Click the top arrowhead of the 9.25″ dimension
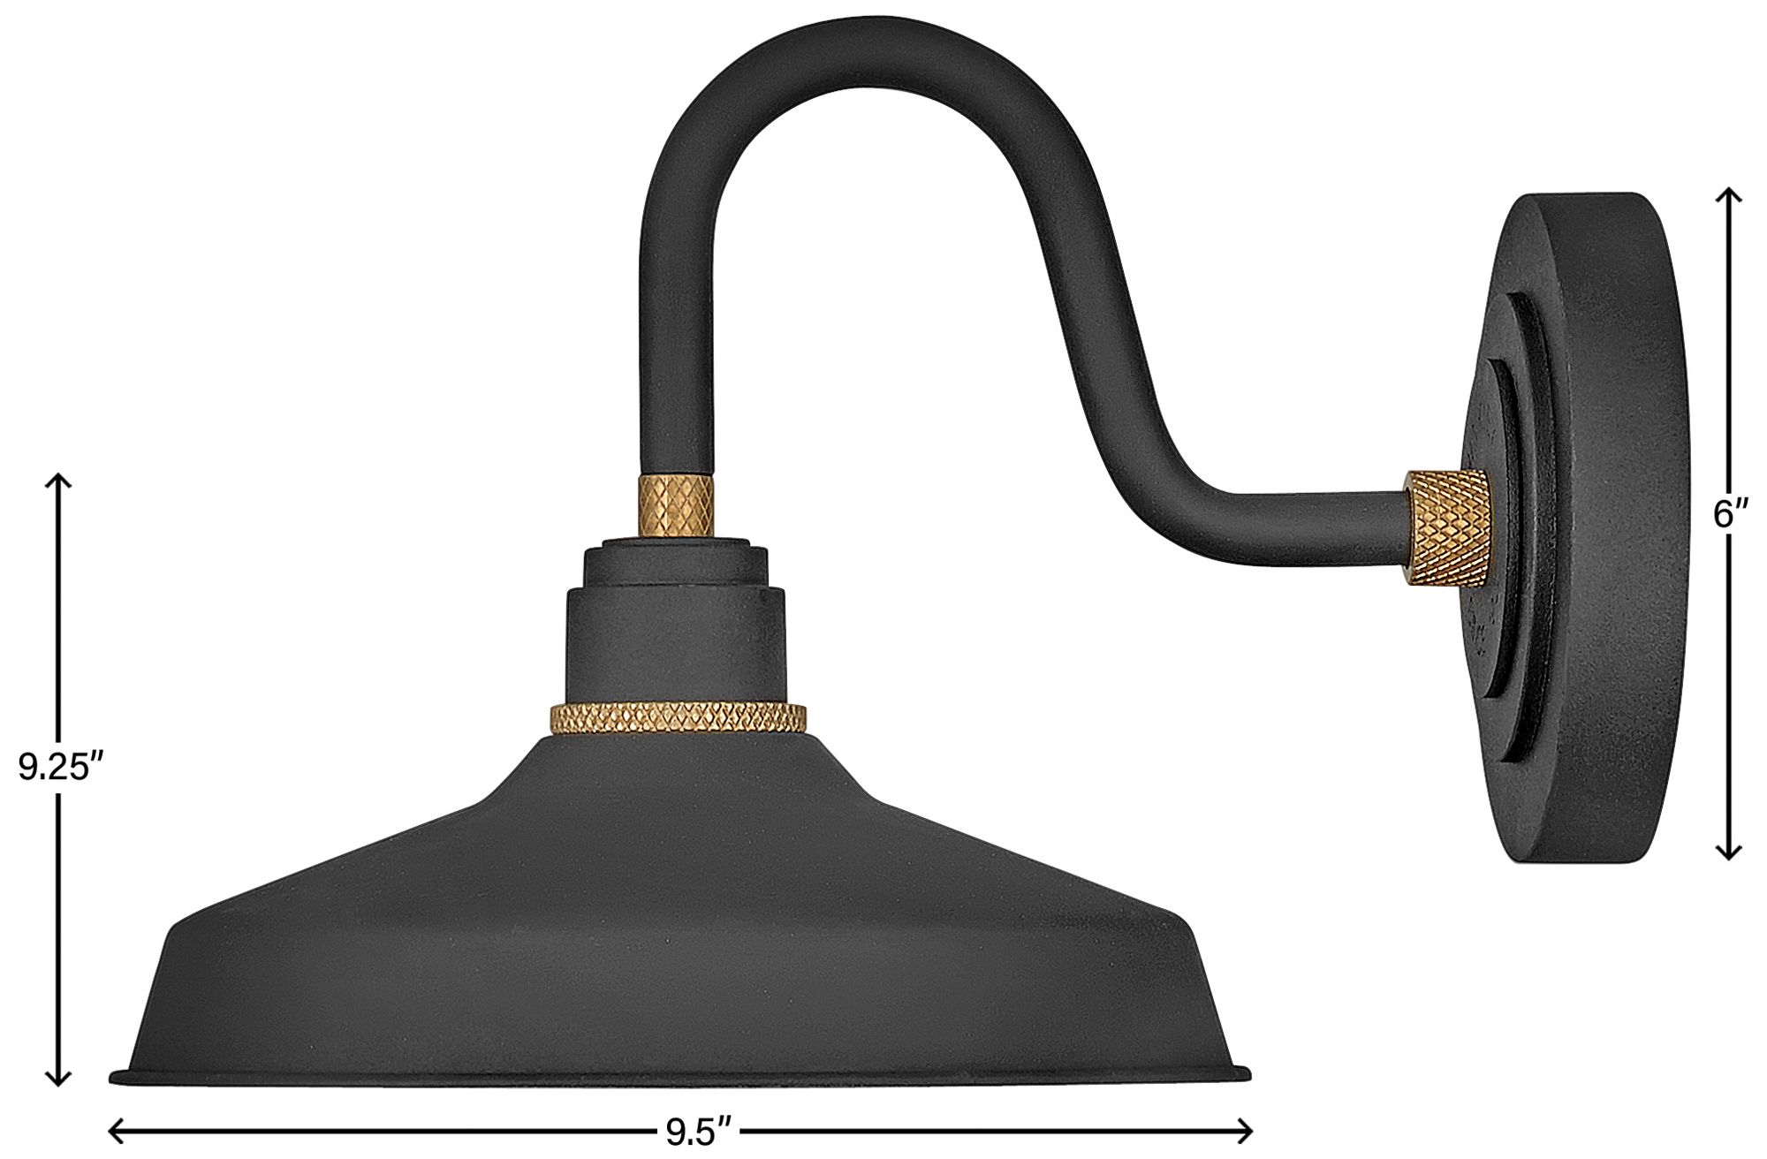[x=58, y=480]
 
